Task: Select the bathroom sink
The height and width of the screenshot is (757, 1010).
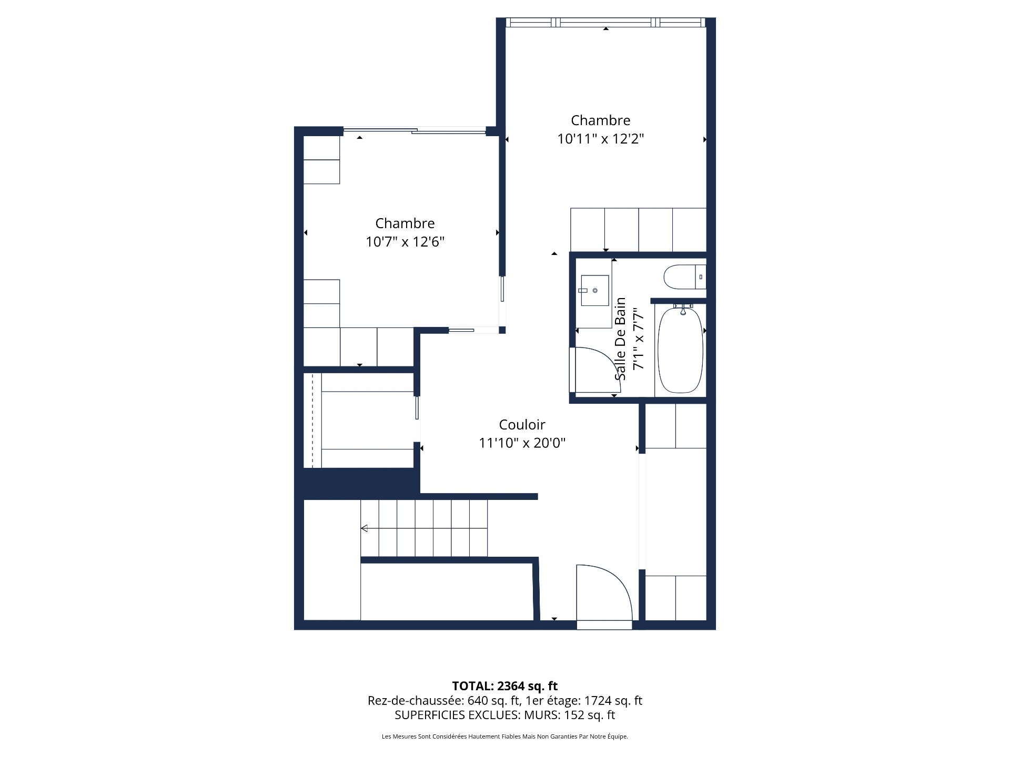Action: point(594,290)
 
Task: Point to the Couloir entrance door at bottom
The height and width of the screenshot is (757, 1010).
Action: point(604,594)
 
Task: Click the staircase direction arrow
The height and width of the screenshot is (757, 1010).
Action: point(364,528)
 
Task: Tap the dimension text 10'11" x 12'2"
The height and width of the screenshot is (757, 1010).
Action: point(600,139)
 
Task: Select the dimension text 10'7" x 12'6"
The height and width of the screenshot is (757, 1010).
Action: point(405,242)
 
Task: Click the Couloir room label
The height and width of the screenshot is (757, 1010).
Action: point(522,424)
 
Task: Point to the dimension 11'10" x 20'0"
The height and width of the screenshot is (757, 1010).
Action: point(522,443)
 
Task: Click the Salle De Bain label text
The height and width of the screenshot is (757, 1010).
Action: point(621,339)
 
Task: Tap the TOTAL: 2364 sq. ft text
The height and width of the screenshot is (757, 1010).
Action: point(504,686)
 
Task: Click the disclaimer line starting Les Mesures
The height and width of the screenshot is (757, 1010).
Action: point(504,736)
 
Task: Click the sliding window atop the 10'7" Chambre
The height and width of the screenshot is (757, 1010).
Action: point(414,130)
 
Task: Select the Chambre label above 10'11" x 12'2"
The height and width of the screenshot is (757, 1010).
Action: point(600,120)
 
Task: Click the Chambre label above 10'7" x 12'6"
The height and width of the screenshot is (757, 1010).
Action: point(405,223)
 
